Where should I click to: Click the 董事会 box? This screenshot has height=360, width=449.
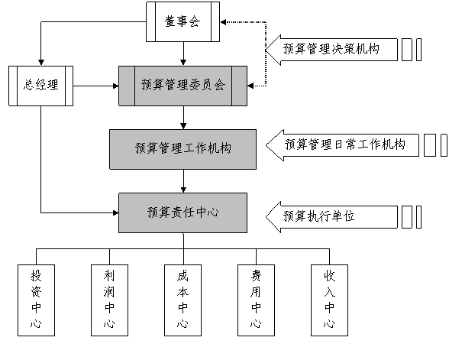183,21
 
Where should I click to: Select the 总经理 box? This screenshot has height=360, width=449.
41,86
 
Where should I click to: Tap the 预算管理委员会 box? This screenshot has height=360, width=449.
183,86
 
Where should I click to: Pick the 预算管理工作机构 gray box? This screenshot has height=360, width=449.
183,149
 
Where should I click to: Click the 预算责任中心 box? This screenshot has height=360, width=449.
183,212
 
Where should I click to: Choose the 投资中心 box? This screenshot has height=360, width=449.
36,300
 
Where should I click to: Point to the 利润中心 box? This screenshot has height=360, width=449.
109,300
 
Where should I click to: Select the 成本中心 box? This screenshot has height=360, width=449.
183,300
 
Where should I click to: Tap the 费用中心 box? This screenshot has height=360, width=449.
256,300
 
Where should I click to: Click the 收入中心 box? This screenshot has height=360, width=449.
329,300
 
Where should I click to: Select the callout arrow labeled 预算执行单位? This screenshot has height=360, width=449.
332,217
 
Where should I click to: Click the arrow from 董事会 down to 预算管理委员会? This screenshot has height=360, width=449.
183,54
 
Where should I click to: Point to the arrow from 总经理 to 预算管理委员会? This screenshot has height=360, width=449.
96,86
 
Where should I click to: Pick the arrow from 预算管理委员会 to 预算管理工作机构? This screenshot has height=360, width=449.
183,118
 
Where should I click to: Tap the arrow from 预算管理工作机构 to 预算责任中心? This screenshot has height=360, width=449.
183,181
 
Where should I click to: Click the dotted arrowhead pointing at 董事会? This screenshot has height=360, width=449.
223,21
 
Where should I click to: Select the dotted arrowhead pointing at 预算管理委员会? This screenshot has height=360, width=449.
250,86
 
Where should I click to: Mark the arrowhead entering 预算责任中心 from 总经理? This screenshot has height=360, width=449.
116,212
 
